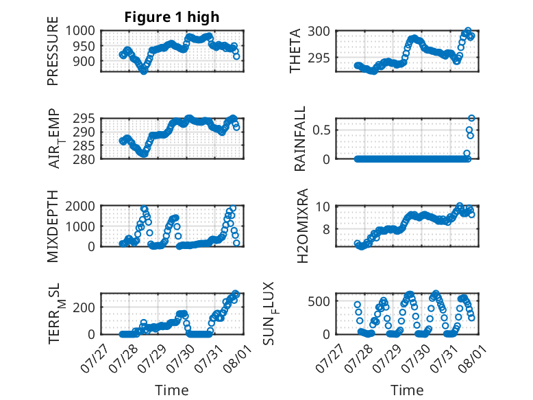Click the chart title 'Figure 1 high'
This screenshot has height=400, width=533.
click(172, 17)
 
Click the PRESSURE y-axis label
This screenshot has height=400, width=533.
click(53, 51)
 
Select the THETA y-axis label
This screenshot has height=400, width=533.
click(295, 51)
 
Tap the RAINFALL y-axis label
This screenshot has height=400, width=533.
click(300, 139)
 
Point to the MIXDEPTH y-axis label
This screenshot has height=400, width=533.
click(53, 226)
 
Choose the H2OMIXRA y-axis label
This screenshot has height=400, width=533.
click(302, 226)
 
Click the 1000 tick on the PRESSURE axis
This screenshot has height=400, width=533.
click(80, 31)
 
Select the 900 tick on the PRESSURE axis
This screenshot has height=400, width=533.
click(84, 62)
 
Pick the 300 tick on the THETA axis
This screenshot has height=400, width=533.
click(319, 32)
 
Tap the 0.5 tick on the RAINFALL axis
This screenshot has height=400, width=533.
click(321, 130)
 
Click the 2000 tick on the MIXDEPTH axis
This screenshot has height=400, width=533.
click(80, 206)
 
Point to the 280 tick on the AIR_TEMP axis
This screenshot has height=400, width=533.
click(84, 159)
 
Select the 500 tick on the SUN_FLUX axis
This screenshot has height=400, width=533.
click(319, 301)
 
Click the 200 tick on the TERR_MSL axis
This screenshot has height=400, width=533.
click(84, 307)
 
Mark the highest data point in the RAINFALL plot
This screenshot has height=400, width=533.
click(471, 118)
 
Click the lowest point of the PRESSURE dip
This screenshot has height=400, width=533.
click(144, 71)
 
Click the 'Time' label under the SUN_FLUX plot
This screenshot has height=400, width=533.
click(407, 390)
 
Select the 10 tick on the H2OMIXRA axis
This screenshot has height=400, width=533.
click(323, 207)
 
